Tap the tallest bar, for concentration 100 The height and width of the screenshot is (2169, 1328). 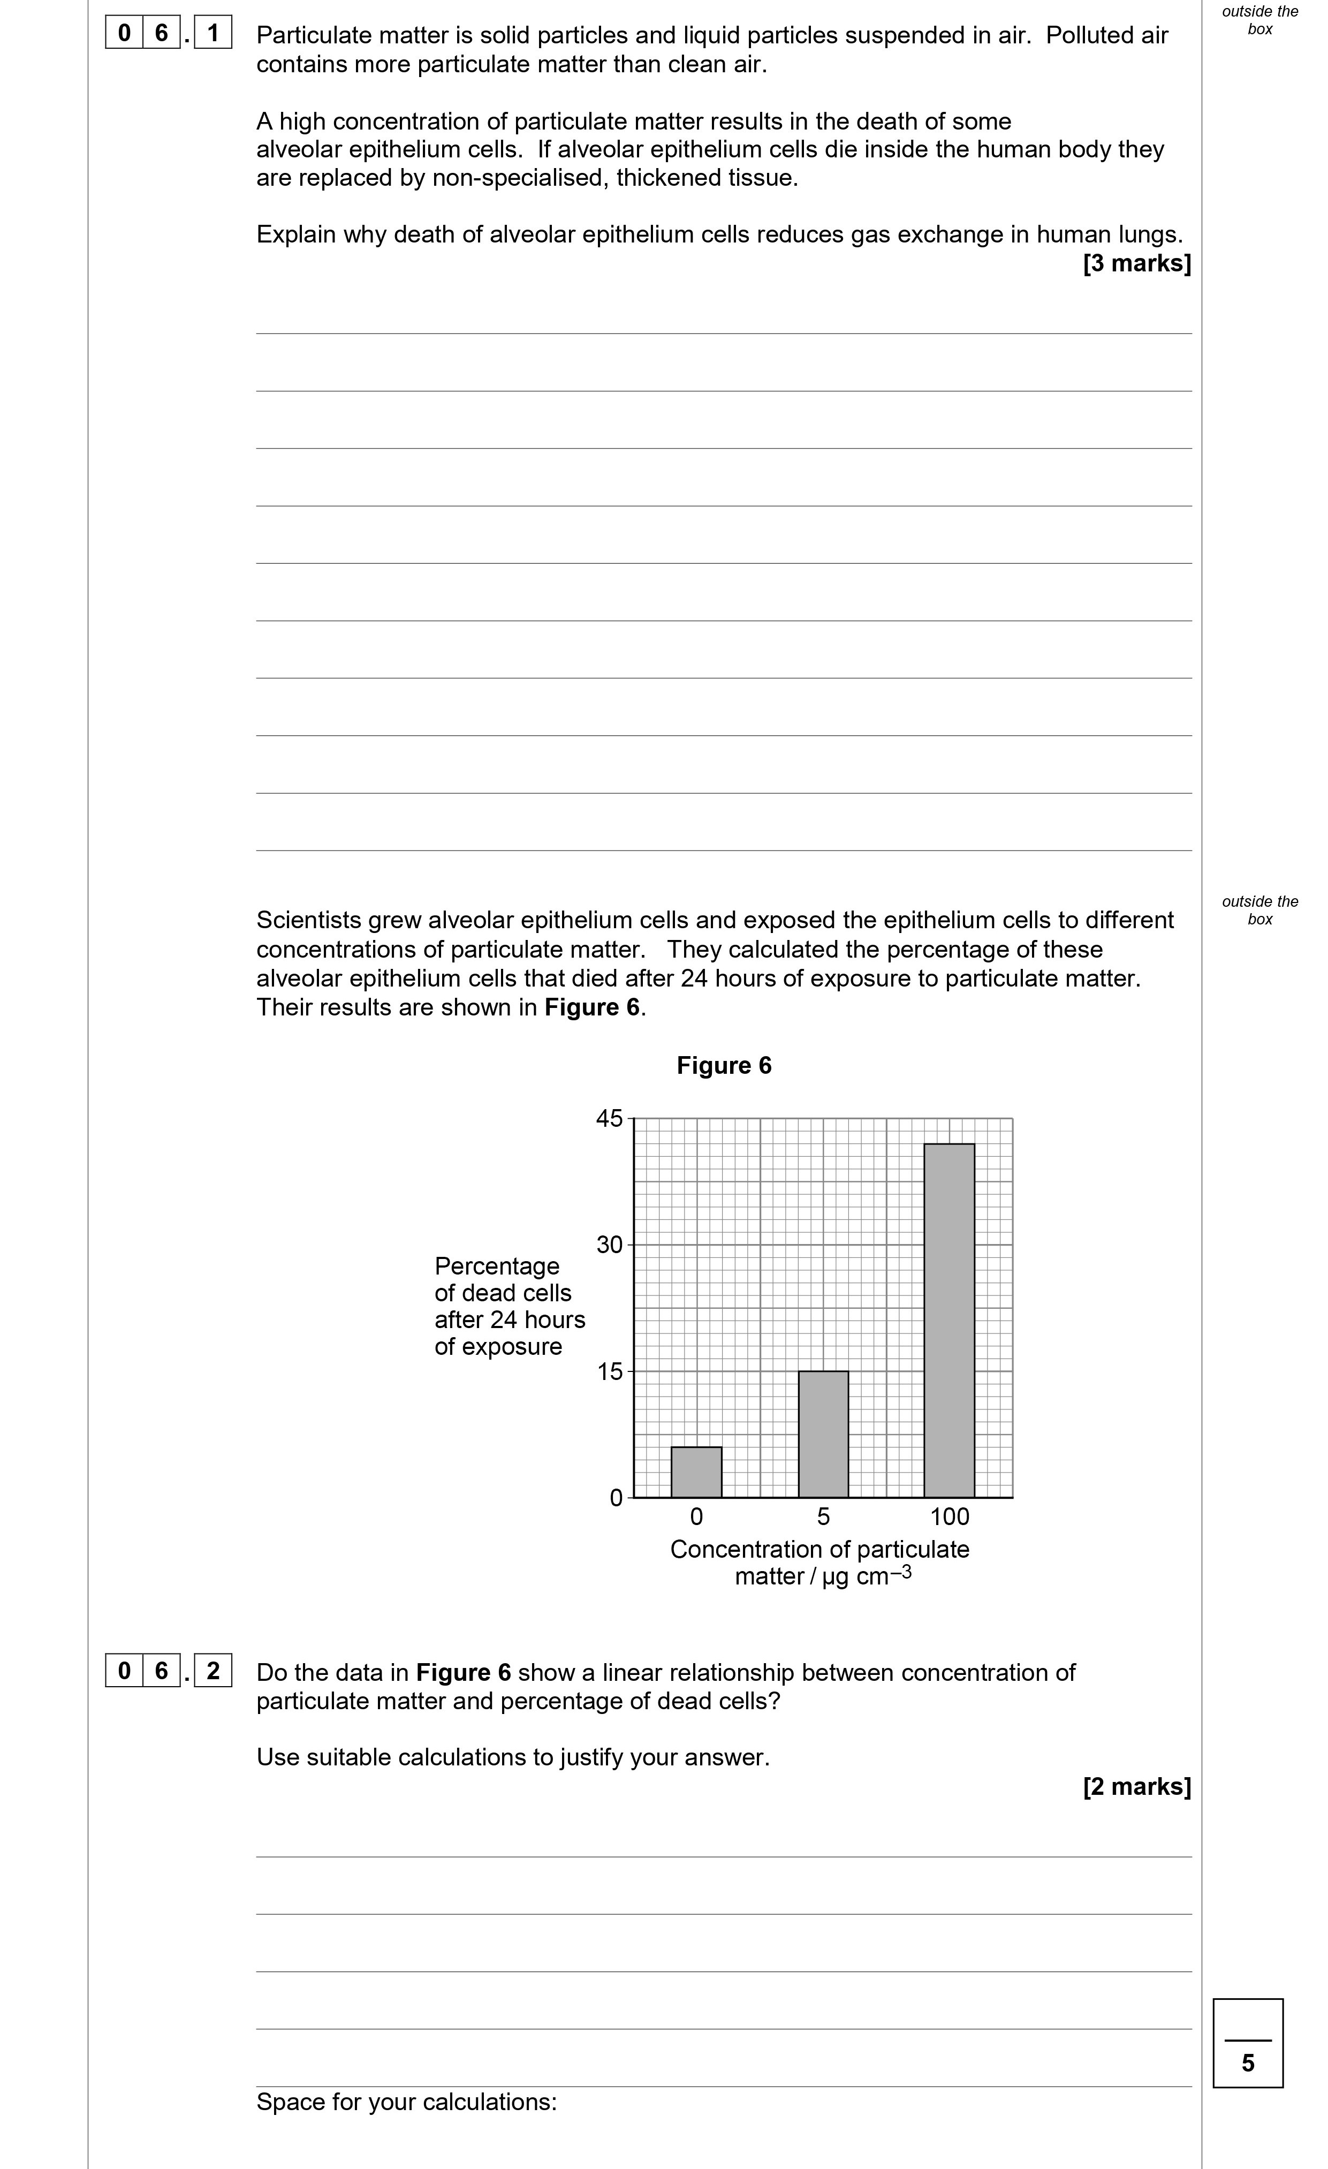948,1321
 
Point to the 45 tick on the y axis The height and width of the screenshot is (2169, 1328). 609,1119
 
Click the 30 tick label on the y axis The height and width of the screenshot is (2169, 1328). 609,1245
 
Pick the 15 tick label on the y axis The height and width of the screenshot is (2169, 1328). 609,1371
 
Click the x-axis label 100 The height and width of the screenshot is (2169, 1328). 950,1516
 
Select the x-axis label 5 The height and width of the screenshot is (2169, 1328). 823,1516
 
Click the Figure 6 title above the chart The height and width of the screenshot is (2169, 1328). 723,1066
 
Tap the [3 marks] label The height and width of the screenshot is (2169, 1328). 1136,263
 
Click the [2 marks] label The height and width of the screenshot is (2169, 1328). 1136,1786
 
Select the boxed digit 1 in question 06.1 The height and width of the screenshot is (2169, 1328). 212,34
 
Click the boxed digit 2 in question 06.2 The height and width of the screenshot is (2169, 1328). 212,1670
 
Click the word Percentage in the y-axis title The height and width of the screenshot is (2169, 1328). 496,1266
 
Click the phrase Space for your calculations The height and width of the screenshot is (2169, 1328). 406,2102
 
